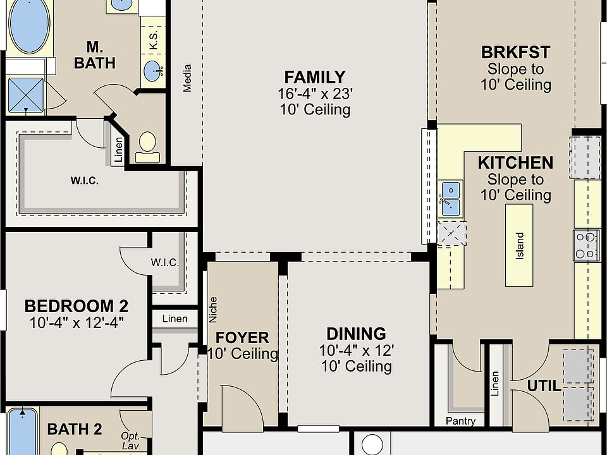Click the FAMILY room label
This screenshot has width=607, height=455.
tap(315, 77)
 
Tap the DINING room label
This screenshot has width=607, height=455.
tap(356, 334)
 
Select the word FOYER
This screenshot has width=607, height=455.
tap(242, 337)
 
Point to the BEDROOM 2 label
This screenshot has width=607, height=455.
tap(77, 306)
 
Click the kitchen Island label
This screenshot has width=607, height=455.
tap(520, 246)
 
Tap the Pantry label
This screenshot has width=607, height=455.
tap(460, 421)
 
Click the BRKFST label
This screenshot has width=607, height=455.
tap(516, 52)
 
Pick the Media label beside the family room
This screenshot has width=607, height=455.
tap(187, 78)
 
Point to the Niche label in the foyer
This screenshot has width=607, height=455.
tap(213, 310)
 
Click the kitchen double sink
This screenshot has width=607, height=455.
tap(451, 199)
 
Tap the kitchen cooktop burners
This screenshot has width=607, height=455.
tap(586, 245)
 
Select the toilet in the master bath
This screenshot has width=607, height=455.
tap(147, 147)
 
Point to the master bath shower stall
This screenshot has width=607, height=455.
tap(26, 95)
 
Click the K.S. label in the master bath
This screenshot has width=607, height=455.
tap(153, 40)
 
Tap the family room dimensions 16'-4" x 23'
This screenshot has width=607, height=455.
tap(315, 94)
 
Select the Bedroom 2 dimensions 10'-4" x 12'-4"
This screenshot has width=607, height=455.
tap(77, 322)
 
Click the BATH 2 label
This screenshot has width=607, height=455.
tap(75, 429)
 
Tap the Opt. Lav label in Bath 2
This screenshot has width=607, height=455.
tap(130, 441)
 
